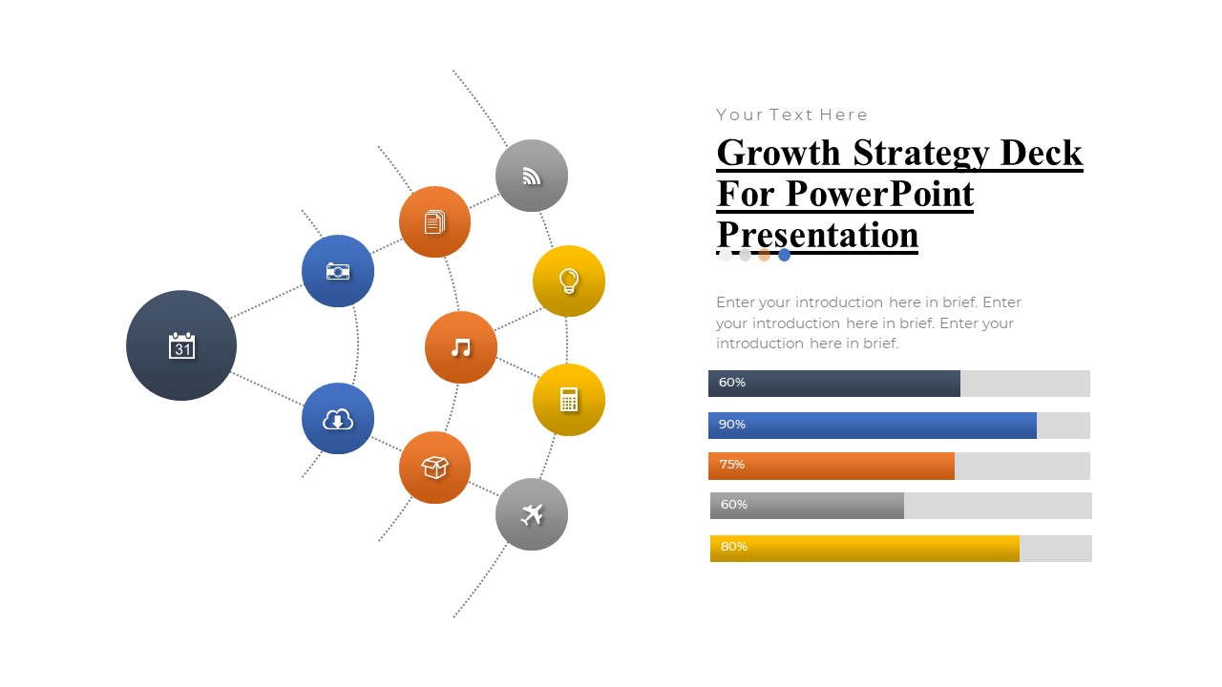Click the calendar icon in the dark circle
tap(181, 345)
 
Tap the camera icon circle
tap(338, 271)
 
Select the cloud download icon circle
tap(338, 418)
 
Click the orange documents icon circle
tap(434, 221)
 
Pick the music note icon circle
tap(461, 347)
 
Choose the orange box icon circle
tap(434, 468)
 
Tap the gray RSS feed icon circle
tap(532, 176)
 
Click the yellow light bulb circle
tap(569, 281)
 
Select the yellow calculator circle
tap(569, 400)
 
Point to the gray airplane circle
tap(532, 514)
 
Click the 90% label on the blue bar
tap(732, 425)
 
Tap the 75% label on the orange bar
tap(732, 465)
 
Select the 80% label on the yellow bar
tap(734, 547)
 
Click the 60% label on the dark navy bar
tap(732, 383)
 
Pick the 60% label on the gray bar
tap(734, 505)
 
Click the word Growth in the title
tap(778, 153)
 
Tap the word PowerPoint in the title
tap(879, 194)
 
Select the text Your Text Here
tap(792, 114)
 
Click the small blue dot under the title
tap(784, 255)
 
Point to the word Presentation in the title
tap(817, 235)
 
